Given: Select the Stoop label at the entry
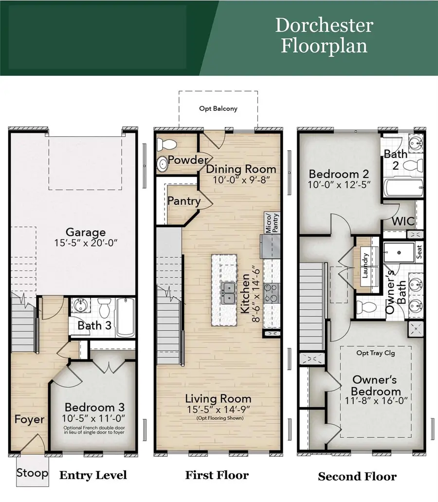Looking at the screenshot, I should (x=33, y=472).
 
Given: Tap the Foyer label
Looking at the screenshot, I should (x=29, y=419).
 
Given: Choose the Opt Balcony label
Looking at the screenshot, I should (x=219, y=108).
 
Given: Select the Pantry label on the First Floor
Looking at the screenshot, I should (x=183, y=201).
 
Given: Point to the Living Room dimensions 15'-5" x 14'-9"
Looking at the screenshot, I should (x=219, y=410).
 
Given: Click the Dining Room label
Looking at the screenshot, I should (x=241, y=170).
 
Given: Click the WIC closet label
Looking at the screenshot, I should (x=403, y=221).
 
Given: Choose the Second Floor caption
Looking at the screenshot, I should (x=357, y=476).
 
